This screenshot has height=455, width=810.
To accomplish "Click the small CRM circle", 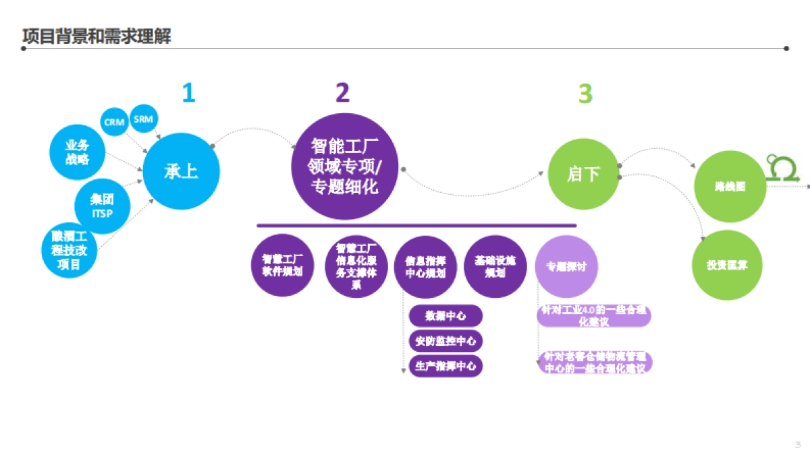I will click(114, 122).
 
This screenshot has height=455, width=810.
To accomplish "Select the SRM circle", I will click(143, 119).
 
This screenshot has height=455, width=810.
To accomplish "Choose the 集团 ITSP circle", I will click(102, 206).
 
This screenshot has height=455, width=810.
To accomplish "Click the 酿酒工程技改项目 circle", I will click(69, 249).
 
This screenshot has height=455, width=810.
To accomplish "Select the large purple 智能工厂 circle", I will click(345, 166).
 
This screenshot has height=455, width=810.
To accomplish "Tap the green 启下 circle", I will click(583, 174).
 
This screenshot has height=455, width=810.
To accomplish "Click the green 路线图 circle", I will click(730, 187).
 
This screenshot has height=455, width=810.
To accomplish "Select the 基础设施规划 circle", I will click(495, 266).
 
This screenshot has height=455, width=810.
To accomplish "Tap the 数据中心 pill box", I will click(446, 315).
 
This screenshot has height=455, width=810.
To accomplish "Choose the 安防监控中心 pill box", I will click(446, 340).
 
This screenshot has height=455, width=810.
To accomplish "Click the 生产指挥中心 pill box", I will click(446, 366).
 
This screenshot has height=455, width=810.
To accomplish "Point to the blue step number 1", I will click(188, 93).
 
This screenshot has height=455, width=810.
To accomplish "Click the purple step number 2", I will click(343, 93).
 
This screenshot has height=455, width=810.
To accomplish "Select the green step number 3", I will click(585, 94).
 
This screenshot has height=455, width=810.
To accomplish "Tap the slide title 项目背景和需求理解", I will click(97, 36).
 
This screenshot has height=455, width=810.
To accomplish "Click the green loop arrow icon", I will click(782, 166).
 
